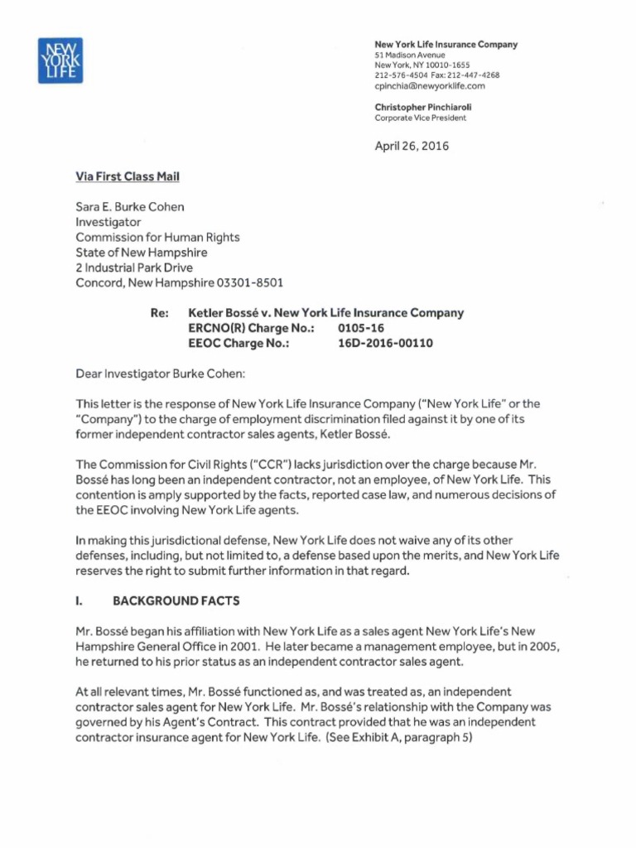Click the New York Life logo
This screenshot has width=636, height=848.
[x=60, y=60]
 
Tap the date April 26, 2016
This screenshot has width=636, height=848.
[x=412, y=147]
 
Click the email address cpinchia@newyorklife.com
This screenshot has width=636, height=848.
[x=429, y=85]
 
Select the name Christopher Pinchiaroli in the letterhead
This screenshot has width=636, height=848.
[x=423, y=107]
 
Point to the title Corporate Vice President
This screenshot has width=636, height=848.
[x=420, y=118]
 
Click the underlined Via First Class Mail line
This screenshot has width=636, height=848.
[x=128, y=176]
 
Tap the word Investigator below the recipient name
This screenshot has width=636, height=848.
[x=108, y=222]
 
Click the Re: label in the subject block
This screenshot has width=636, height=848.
[x=159, y=313]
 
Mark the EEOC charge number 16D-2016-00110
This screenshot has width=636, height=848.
[x=387, y=343]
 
